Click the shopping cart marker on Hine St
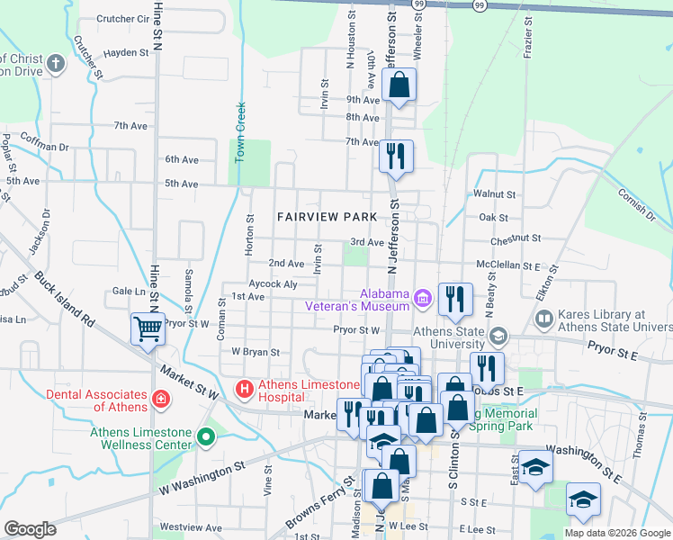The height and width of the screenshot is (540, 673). [148, 328]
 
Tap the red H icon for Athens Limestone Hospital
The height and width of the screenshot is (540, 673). [243, 389]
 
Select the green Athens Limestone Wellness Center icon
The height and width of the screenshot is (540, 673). [206, 437]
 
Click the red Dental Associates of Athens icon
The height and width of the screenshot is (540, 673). [160, 398]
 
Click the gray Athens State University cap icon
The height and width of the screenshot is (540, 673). [498, 337]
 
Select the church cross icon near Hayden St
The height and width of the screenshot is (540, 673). [56, 64]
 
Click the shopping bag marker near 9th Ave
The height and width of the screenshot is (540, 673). [399, 86]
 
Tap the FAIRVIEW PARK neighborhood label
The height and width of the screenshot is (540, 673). [327, 217]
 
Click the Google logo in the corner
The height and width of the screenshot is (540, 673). [30, 529]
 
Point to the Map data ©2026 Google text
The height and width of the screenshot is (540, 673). [616, 533]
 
